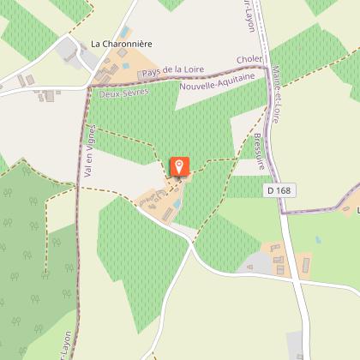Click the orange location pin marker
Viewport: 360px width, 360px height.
[179, 166]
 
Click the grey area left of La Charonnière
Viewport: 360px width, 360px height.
[68, 51]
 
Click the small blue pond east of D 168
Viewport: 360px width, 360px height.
[317, 239]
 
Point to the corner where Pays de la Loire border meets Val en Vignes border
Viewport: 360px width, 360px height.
[88, 86]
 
